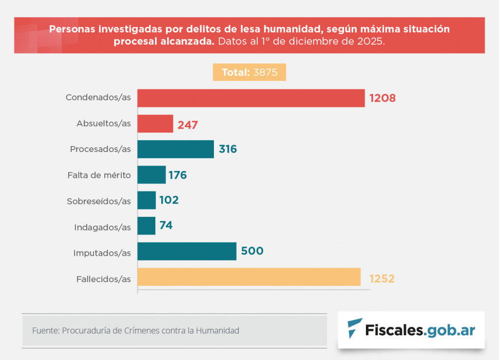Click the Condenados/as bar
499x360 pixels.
tap(251, 98)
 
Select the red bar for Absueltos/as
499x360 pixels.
tap(155, 124)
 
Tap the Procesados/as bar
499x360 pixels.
tap(175, 149)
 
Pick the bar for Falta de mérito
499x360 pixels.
tap(152, 174)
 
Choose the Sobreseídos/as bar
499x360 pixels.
tap(147, 200)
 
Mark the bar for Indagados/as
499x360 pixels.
tap(146, 226)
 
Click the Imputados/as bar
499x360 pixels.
tap(187, 251)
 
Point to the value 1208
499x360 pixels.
tap(383, 98)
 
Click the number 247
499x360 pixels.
tap(188, 125)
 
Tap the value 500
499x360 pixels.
tap(252, 251)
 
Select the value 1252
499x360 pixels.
tap(382, 279)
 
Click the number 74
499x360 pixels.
tap(166, 226)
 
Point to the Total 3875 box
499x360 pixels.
tap(249, 73)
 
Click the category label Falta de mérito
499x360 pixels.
tap(99, 175)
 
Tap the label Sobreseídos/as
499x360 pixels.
tap(99, 201)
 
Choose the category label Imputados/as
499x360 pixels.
tap(102, 253)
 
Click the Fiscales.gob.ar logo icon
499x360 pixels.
tap(355, 329)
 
